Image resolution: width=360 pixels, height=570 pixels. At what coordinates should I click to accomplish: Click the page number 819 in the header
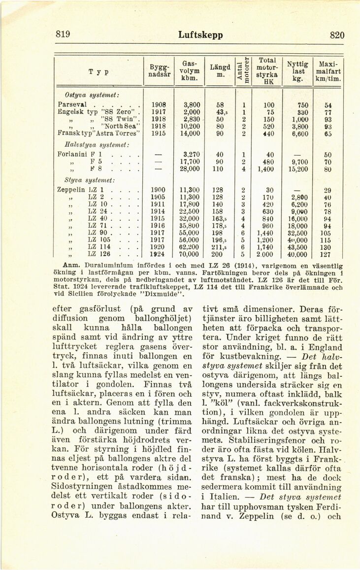click(x=63, y=34)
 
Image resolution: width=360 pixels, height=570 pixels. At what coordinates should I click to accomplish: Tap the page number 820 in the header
click(x=336, y=35)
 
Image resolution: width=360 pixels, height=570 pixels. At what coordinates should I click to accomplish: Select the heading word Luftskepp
click(x=200, y=35)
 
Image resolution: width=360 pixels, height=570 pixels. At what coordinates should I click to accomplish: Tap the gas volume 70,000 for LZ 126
click(x=189, y=255)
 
